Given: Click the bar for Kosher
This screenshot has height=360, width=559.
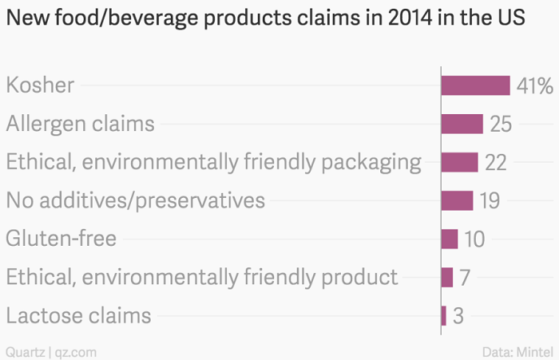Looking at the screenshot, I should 476,85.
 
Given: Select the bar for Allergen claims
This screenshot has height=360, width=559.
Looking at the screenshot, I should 462,124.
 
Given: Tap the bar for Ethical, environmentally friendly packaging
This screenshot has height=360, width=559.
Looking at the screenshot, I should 460,162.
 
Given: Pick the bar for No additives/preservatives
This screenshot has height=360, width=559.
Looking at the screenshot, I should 458,200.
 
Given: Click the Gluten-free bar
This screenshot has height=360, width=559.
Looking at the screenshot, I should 450,239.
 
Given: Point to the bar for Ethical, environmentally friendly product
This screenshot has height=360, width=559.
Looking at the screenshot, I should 447,277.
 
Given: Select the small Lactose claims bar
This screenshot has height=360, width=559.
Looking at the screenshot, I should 444,315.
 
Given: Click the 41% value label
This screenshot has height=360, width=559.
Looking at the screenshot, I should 535,85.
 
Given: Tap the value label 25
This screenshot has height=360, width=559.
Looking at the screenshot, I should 501,124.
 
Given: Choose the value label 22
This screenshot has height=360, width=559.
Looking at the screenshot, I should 496,162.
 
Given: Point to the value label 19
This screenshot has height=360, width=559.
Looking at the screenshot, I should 490,200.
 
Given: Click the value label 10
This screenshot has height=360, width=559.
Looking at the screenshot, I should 474,239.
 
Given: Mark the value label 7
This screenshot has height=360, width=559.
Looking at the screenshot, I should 465,277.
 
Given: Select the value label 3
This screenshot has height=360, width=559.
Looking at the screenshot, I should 458,315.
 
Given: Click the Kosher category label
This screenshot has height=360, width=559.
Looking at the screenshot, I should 40,85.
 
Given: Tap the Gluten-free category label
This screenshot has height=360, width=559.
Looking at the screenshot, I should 61,239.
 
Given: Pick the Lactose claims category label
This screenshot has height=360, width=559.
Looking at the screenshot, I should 78,315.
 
